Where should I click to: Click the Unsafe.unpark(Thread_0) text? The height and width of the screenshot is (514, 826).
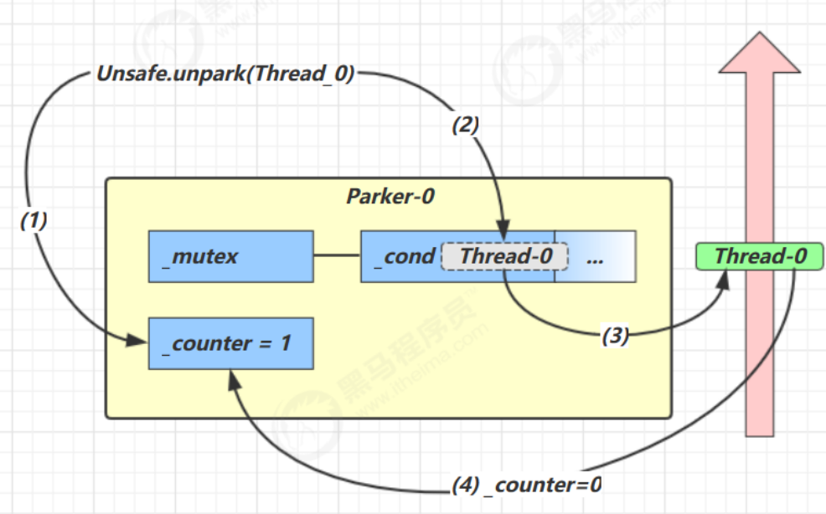pos(225,74)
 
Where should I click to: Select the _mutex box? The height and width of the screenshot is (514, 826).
pos(231,256)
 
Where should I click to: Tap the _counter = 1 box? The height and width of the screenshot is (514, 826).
pos(231,343)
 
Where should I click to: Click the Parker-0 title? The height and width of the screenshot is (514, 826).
pos(390,197)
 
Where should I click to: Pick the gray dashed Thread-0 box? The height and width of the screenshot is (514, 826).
pos(504,256)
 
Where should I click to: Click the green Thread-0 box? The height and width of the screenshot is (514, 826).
pos(759,256)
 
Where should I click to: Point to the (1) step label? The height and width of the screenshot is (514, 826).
pos(34,220)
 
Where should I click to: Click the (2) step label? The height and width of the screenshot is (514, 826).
pos(466,126)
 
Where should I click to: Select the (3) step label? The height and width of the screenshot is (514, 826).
pos(615,336)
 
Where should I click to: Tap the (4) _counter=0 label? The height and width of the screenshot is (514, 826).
pos(527,485)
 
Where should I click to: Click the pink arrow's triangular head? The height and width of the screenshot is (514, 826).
pos(760,52)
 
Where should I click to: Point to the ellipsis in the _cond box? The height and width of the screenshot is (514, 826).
pos(595,260)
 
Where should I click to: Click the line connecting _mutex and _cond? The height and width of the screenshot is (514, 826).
pos(337,255)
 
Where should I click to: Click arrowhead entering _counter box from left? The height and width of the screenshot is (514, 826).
pos(137,341)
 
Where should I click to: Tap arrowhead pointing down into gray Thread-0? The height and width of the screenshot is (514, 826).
pos(503,231)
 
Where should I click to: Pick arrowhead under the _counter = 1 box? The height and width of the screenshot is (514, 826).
pos(235,380)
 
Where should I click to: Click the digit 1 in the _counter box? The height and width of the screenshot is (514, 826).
pos(286,343)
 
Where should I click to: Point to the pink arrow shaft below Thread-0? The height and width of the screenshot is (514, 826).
pos(760,353)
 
